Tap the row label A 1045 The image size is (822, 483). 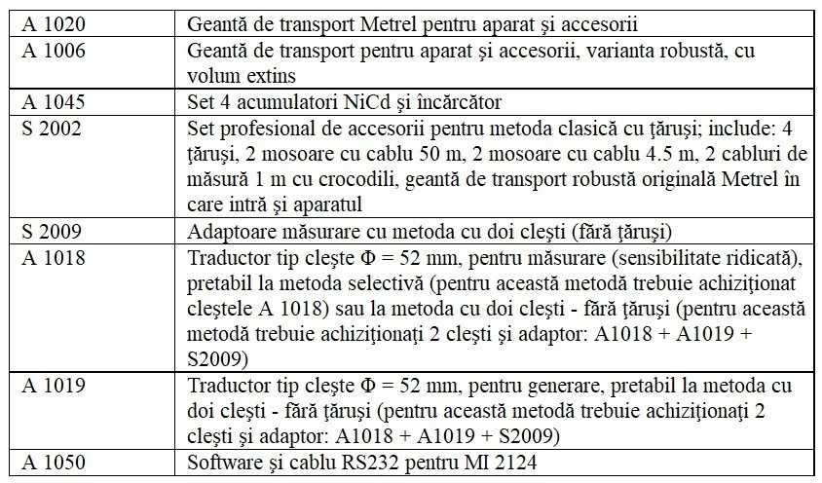click(48, 100)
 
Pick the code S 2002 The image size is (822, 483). click(47, 128)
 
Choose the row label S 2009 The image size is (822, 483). click(47, 233)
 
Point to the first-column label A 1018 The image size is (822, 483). click(48, 259)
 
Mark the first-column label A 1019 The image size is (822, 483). click(48, 381)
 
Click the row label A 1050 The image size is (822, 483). click(48, 460)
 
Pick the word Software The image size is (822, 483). click(220, 460)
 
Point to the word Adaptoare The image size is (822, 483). click(228, 233)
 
